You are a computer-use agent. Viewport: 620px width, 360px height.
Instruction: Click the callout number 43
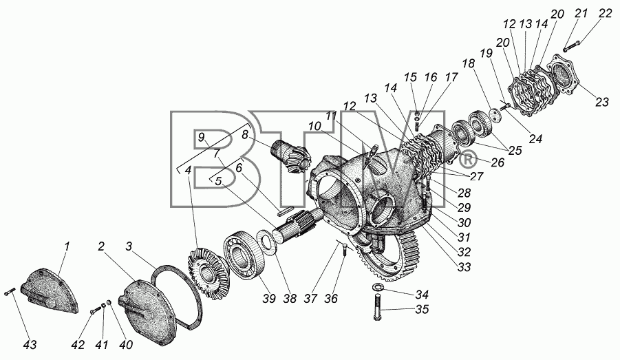[x=30, y=345]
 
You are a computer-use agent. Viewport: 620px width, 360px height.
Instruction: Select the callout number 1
[x=67, y=246]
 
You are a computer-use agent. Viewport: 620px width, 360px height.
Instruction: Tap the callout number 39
[x=269, y=298]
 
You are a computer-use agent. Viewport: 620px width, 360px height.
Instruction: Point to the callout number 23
[x=602, y=102]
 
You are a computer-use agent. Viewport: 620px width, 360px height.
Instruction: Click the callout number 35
[x=423, y=309]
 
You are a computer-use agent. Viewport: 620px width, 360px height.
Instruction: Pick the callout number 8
[x=245, y=135]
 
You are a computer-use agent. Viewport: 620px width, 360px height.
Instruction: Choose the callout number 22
[x=605, y=13]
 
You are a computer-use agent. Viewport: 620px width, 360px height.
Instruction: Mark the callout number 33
[x=464, y=267]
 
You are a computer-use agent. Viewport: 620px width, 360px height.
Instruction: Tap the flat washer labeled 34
[x=378, y=287]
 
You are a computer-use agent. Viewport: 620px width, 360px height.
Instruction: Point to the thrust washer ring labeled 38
[x=265, y=240]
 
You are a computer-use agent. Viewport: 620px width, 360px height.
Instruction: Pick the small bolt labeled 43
[x=9, y=293]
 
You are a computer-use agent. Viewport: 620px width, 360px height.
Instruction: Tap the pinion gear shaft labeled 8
[x=290, y=157]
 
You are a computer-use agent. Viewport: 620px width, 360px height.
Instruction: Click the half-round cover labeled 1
[x=50, y=290]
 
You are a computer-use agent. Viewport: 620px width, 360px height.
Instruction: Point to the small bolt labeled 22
[x=571, y=45]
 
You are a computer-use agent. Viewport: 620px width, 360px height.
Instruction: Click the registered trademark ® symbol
[x=467, y=160]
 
